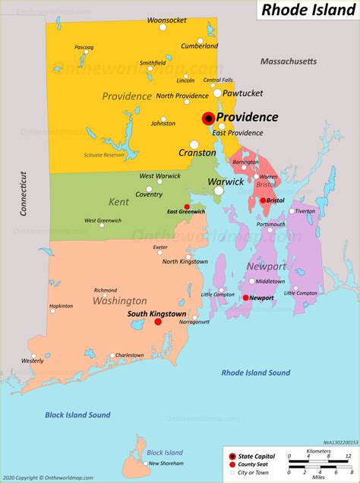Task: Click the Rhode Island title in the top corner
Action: [308, 11]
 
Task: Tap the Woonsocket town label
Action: [168, 20]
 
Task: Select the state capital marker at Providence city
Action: [207, 118]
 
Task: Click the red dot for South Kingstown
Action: [158, 322]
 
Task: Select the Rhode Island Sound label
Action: [256, 373]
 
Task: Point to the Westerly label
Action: [33, 360]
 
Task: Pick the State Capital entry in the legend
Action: [257, 454]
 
